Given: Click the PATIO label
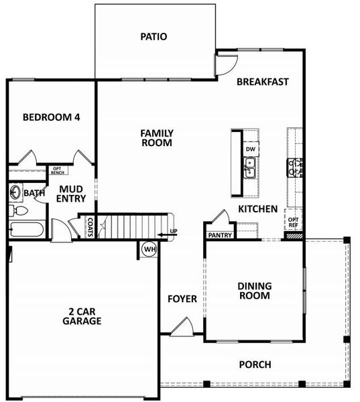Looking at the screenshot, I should coord(154,37).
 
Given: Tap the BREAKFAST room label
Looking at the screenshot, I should coord(262,82).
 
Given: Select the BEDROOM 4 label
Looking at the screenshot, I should coord(51,117).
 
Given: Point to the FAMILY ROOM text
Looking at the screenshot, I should coord(156,138).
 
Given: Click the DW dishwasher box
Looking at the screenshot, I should coord(251,149).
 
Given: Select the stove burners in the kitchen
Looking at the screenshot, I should coord(295,167).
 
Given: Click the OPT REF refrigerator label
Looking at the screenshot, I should coord(293,222).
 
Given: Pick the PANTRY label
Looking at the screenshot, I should coord(220,235).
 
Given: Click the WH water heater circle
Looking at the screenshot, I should coord(149,249).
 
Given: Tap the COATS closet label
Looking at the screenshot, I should coord(89,227).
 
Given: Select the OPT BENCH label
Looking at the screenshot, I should coord(57,170).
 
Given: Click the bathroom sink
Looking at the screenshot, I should coord(15,193).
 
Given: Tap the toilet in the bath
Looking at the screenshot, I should coord(18,211).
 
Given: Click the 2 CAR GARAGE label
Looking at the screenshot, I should coord(84,316).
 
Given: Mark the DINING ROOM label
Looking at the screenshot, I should coord(254,291).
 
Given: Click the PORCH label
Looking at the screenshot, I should coord(255,364).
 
